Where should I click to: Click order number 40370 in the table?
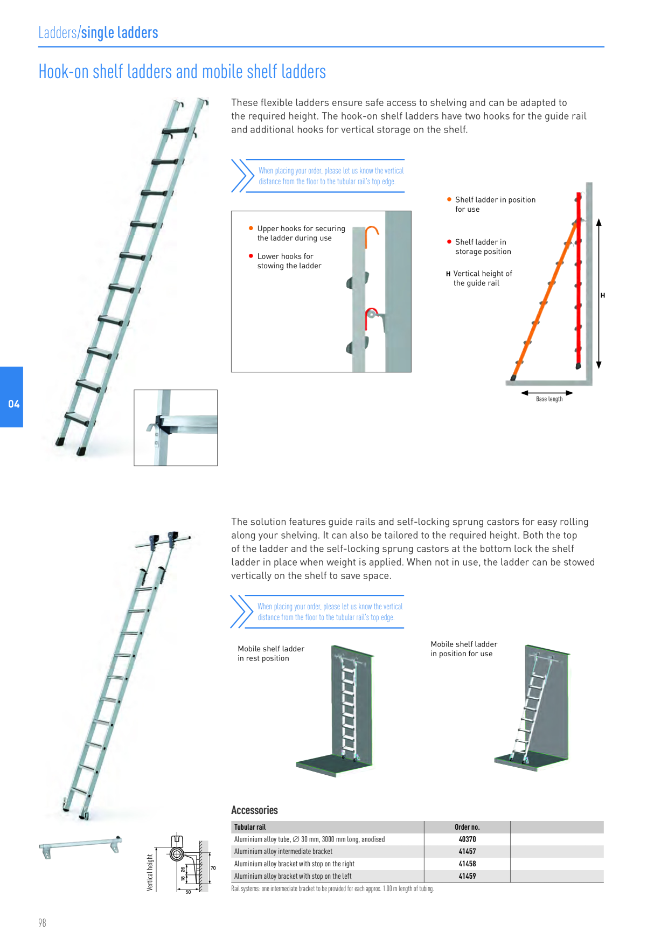[467, 839]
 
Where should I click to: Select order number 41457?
[467, 852]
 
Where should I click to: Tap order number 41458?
[467, 864]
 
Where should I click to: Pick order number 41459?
[467, 877]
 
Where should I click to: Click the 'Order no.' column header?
[467, 827]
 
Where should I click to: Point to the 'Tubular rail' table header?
[250, 827]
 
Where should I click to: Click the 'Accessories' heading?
[254, 810]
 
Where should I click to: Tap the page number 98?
[42, 923]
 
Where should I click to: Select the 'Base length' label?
[549, 399]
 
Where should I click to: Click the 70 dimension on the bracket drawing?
[213, 868]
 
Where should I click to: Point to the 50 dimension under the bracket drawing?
[188, 892]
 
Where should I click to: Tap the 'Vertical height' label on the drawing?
[150, 872]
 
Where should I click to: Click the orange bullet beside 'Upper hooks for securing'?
[251, 228]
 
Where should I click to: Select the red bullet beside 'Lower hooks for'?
[251, 256]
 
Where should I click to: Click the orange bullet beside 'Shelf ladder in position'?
[449, 199]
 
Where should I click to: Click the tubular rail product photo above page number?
[81, 846]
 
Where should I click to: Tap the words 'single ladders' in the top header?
[120, 33]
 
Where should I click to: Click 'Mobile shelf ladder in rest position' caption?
[271, 654]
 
